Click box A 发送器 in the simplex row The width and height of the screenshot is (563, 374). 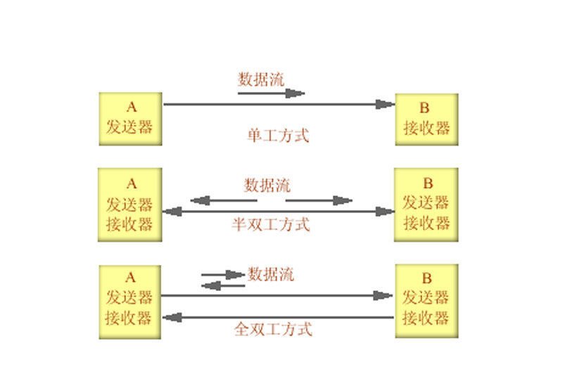(x=130, y=119)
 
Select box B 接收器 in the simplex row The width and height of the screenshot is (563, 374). (x=426, y=119)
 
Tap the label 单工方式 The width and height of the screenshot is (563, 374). (x=278, y=135)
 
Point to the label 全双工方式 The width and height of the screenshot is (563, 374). (x=273, y=329)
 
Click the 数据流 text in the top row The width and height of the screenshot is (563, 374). (x=261, y=78)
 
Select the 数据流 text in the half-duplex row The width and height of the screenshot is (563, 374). (x=267, y=186)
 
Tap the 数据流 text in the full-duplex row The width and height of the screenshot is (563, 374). (x=271, y=274)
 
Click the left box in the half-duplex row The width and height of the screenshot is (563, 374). (x=130, y=205)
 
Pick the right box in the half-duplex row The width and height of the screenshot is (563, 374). (x=426, y=205)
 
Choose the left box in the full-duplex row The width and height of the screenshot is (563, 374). (x=130, y=301)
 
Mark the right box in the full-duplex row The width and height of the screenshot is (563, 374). (x=426, y=301)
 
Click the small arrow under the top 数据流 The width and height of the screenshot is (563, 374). (x=271, y=93)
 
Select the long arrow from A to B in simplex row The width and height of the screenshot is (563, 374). (x=279, y=105)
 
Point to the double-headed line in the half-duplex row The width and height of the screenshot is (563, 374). (x=279, y=211)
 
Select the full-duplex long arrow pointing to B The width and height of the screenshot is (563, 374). (x=279, y=296)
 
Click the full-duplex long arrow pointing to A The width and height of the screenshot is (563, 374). (x=279, y=318)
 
